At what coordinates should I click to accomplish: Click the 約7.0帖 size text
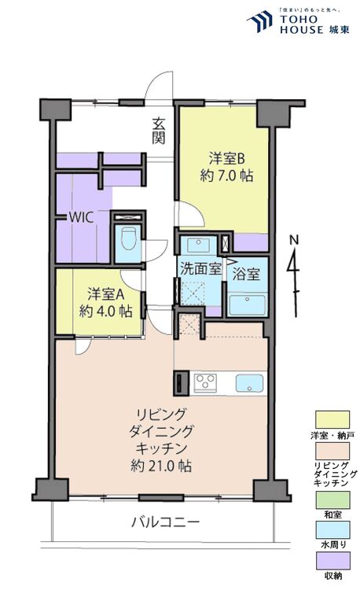[221, 175]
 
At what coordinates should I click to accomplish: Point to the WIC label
[82, 218]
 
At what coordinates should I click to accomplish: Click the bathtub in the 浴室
[248, 303]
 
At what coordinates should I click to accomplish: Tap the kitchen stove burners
[206, 382]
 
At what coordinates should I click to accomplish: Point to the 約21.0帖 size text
[160, 466]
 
